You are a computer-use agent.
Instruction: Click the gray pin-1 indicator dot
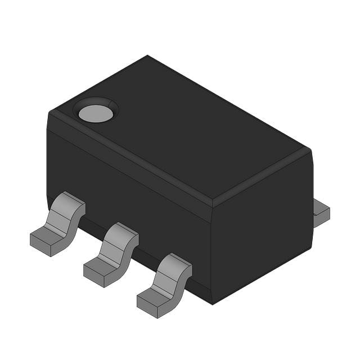[96, 114]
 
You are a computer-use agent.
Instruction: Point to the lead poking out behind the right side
[321, 213]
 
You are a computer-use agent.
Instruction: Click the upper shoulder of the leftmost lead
[71, 201]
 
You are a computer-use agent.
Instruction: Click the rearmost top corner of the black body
[147, 56]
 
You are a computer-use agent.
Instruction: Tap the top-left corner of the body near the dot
[51, 112]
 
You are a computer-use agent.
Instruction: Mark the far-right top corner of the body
[309, 150]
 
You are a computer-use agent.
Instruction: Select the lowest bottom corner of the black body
[212, 303]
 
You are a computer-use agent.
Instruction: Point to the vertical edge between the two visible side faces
[211, 253]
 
